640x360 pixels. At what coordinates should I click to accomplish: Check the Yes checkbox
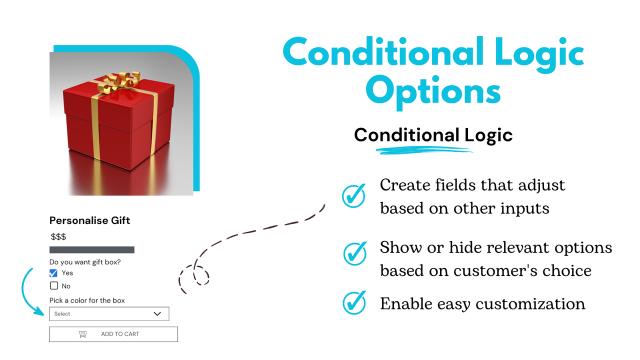tap(53, 273)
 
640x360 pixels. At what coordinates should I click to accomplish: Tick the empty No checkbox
tap(53, 286)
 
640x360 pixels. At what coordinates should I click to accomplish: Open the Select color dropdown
tap(109, 314)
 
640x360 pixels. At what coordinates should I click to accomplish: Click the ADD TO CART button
tap(113, 334)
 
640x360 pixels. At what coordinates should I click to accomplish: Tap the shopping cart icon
tap(83, 334)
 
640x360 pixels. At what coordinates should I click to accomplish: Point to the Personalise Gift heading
tap(90, 220)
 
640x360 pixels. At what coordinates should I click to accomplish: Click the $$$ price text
tap(58, 236)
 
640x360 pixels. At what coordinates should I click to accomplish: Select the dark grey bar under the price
tap(92, 249)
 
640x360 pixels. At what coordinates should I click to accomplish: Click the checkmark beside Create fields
tap(354, 195)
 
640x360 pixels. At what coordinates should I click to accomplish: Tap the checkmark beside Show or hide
tap(354, 253)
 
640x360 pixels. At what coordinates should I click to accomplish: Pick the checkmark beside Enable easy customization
tap(354, 303)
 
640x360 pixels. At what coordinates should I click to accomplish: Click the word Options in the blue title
tap(432, 92)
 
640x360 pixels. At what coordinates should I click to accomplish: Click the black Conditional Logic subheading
tap(433, 135)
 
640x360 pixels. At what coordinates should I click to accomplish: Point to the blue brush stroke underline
tap(425, 149)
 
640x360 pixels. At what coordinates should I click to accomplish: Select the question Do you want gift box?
tap(85, 262)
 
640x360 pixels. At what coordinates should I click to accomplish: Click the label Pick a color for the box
tap(87, 300)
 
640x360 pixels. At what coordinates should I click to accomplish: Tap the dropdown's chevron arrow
tap(157, 314)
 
